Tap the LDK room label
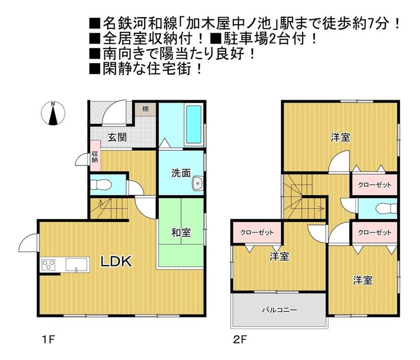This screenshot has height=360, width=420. pos(116,262)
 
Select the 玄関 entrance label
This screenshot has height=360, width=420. pos(117,137)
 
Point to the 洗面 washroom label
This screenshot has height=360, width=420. pos(181,173)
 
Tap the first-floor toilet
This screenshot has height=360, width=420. pos(101,185)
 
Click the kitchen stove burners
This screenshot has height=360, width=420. pos(49,265)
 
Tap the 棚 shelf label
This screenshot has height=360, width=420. pos(145,109)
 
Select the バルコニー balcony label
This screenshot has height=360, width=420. pos(279,310)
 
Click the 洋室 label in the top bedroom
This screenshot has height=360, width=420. pos(341,137)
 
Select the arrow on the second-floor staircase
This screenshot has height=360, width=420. pos(320,209)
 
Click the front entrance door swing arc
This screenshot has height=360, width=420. pos(113,114)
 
